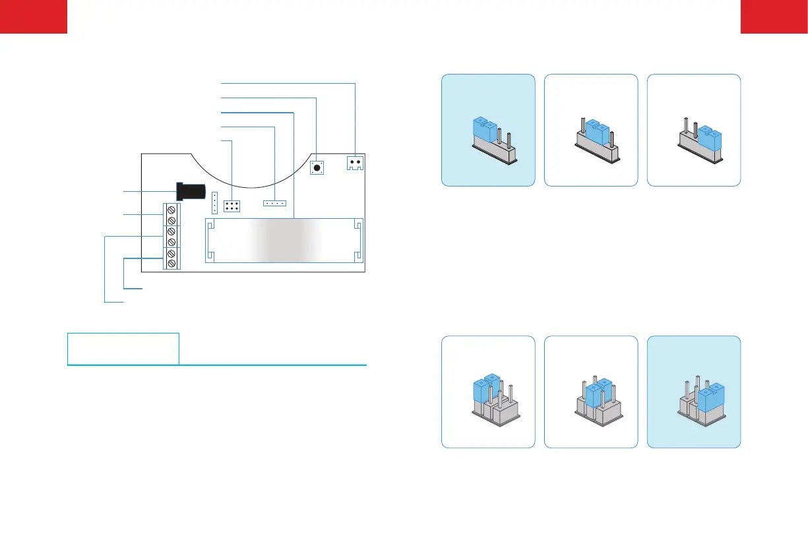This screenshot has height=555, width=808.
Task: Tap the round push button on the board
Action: [x=317, y=168]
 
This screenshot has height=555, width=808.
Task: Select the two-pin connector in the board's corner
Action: [x=356, y=163]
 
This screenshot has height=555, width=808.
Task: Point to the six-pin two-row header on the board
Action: [x=232, y=206]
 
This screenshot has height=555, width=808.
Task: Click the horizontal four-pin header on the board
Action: [x=274, y=203]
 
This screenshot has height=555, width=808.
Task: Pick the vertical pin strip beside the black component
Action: [x=214, y=202]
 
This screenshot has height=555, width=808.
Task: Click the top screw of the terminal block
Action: [x=171, y=209]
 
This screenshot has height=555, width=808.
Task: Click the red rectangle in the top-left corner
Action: [x=34, y=16]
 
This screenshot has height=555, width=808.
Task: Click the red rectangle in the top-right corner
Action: [x=774, y=16]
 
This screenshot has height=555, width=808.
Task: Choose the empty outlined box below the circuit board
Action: [x=123, y=349]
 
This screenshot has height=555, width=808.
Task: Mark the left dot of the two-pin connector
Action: [x=352, y=161]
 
